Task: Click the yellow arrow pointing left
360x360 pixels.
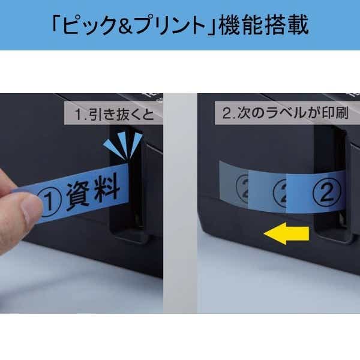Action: (287, 233)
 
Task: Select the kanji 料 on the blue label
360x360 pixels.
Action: (107, 188)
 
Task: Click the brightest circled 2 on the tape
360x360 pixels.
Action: (326, 192)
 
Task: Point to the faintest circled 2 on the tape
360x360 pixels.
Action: (242, 189)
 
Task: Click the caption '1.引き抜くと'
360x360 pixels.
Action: (114, 114)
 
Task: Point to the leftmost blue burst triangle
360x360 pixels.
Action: (115, 148)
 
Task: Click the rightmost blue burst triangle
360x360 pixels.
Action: (136, 144)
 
